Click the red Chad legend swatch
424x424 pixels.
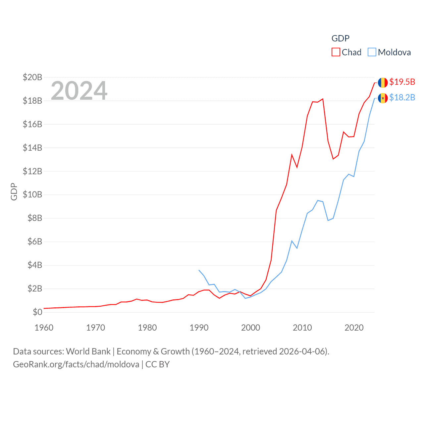[336, 52]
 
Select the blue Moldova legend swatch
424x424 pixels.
[372, 52]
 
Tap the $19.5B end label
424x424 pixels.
[402, 82]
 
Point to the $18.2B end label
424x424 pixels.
[402, 97]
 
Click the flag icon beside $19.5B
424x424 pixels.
[383, 82]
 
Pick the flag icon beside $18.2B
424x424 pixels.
[383, 98]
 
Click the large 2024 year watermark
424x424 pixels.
[79, 90]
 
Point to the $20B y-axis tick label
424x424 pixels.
[32, 77]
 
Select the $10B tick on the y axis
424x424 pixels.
[32, 194]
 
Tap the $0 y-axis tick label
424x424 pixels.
[37, 312]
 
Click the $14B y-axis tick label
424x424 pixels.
[32, 148]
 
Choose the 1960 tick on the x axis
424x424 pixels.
[44, 328]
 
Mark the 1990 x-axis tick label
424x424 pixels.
[199, 328]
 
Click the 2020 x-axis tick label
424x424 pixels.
[354, 328]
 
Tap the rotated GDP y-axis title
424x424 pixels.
[14, 191]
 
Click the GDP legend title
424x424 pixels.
[341, 38]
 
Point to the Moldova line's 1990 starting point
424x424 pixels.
[199, 270]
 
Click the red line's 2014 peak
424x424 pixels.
[323, 99]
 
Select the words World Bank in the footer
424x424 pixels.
[88, 351]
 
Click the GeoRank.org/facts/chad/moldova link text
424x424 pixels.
[76, 364]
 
